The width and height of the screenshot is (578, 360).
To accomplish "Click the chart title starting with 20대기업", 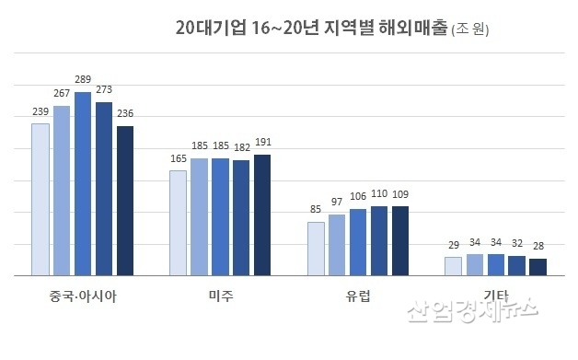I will [x=312, y=29].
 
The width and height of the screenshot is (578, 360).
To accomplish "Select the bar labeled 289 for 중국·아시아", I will [x=83, y=183].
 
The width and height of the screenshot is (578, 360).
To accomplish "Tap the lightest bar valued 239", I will [x=40, y=199].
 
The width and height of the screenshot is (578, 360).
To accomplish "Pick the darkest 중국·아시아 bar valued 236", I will [x=124, y=200].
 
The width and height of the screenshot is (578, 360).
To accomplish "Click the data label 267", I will [x=62, y=94].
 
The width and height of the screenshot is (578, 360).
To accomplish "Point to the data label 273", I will [x=104, y=90].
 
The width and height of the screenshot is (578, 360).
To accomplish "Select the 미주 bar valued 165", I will [x=179, y=222].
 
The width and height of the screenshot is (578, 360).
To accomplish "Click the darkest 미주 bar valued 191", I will [x=262, y=215].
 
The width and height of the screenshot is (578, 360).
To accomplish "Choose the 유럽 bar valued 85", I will [x=316, y=248].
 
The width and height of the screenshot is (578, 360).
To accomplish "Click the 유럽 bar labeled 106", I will [x=358, y=241].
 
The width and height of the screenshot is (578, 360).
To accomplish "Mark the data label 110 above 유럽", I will [x=379, y=194].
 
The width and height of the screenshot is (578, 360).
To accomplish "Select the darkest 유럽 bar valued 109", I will [x=399, y=240].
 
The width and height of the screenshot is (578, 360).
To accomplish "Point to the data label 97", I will [x=337, y=202].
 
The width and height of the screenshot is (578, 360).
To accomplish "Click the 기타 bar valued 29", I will [x=453, y=265].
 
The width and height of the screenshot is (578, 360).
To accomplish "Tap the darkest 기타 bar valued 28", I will [x=538, y=266].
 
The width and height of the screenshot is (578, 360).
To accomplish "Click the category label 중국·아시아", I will [x=83, y=296].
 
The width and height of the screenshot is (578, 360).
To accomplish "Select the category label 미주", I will [x=221, y=296].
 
